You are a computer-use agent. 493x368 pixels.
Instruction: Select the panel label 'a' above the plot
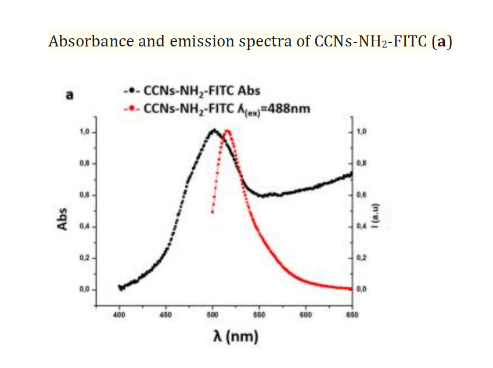point(69,95)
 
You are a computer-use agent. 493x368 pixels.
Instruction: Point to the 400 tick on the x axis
point(120,315)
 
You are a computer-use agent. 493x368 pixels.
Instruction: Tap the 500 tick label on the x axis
point(213,315)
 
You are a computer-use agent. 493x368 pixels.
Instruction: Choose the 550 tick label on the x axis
point(259,315)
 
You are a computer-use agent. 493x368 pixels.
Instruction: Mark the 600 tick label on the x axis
point(306,315)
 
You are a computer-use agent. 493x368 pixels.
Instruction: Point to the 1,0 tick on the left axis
point(85,132)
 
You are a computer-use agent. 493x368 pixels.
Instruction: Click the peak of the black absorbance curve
point(213,130)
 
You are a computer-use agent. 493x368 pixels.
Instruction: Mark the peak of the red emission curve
point(227,131)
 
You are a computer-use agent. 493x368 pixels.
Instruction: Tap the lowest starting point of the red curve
point(213,212)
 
